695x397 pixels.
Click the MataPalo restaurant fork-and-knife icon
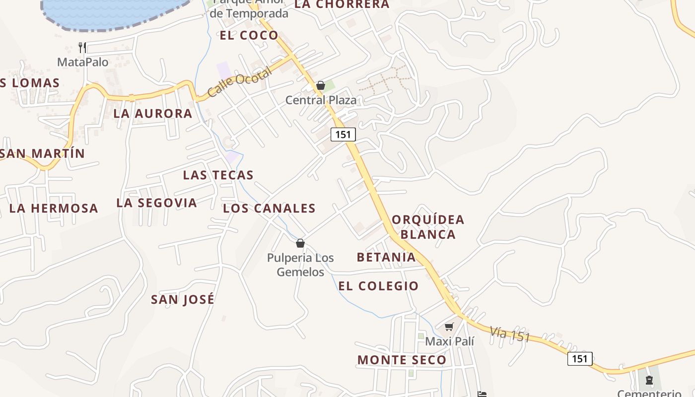pos(82,48)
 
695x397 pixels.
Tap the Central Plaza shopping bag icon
pos(321,85)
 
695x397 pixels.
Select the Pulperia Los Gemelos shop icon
pos(300,243)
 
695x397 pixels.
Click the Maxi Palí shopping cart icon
pos(449,327)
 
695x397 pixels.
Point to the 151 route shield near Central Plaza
pos(343,134)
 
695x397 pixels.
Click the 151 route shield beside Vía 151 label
pos(580,359)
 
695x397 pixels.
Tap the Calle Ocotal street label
pos(240,82)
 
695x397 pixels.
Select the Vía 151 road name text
pos(510,333)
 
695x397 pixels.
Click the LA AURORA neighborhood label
pos(153,113)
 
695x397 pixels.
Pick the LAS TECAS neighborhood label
pos(218,175)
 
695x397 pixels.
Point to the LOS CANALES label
pos(270,208)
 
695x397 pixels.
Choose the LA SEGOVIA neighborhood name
pos(157,202)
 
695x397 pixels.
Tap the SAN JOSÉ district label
pos(183,299)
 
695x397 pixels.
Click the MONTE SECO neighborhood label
pos(402,360)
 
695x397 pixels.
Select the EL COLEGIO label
pos(379,286)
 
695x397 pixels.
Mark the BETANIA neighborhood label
pos(386,257)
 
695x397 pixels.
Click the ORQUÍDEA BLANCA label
pos(428,227)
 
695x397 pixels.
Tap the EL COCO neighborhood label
pos(249,35)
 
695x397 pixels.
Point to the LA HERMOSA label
pos(54,208)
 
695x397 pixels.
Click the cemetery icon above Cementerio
pos(649,381)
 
